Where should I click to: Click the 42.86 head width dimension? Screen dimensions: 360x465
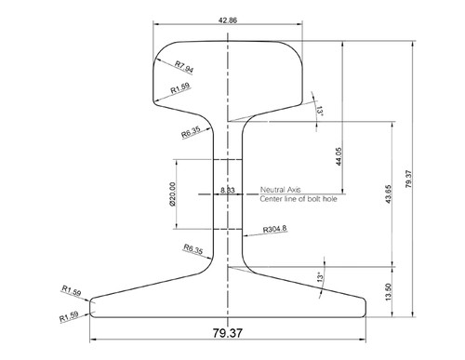[228, 18]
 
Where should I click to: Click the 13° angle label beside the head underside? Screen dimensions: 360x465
[321, 112]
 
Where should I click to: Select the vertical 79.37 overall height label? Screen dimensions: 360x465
[410, 173]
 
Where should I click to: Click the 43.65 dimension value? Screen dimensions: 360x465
[388, 197]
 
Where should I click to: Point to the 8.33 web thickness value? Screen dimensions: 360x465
[227, 190]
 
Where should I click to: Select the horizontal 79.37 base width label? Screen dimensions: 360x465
[228, 332]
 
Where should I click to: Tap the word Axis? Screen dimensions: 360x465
[299, 188]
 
